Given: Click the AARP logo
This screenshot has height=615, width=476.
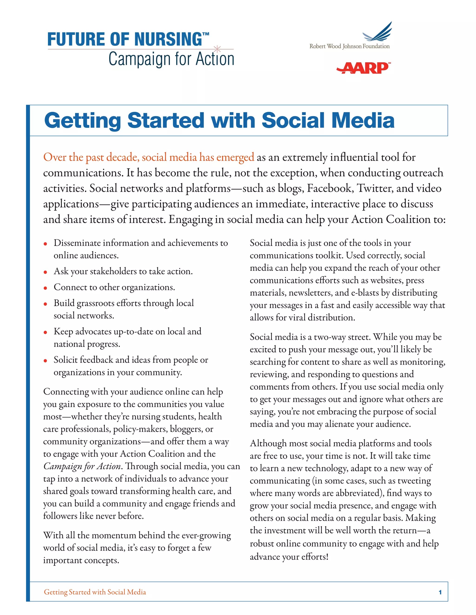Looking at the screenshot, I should (x=363, y=68).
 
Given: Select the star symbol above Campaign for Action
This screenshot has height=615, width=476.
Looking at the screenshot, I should (x=217, y=49).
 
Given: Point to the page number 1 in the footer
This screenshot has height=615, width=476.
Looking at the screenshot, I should (x=440, y=592).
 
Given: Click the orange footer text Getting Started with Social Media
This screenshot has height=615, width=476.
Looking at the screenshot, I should (x=95, y=592).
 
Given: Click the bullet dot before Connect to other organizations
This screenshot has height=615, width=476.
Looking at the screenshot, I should (x=45, y=288).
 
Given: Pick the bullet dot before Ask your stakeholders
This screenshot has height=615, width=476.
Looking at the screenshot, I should (x=45, y=272).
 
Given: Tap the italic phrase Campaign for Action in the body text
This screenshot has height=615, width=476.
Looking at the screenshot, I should (x=82, y=466).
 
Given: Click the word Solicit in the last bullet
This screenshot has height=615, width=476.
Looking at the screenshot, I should (x=66, y=360).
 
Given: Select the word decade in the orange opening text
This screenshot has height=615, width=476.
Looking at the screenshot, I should (x=123, y=157).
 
